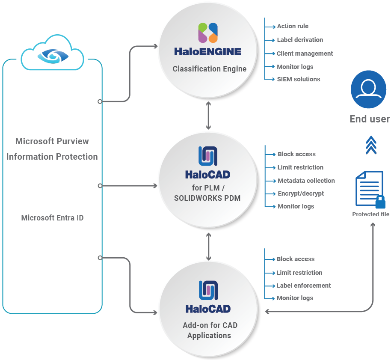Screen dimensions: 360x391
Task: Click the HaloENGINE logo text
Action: [x=208, y=52]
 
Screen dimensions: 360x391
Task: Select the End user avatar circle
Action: [x=368, y=89]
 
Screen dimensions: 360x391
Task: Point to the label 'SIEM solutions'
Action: [x=298, y=79]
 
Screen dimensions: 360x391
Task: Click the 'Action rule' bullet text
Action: [x=293, y=26]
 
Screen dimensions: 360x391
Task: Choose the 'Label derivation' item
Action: [x=300, y=40]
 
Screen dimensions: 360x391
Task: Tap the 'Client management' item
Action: [x=305, y=54]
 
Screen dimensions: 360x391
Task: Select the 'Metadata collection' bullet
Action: [x=306, y=181]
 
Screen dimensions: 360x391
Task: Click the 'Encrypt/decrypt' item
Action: [x=301, y=193]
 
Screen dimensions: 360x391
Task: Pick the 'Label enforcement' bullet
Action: [x=304, y=286]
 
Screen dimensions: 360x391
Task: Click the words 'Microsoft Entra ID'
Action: [x=52, y=218]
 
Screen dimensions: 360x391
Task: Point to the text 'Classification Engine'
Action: [x=210, y=68]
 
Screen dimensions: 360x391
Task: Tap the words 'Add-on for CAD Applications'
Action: [x=210, y=330]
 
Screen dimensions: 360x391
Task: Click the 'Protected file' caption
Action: [x=370, y=214]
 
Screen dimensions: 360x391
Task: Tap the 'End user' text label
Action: [x=370, y=119]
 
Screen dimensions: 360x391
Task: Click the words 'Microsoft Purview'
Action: [x=52, y=141]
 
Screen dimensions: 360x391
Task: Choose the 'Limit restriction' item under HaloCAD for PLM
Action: [x=300, y=167]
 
